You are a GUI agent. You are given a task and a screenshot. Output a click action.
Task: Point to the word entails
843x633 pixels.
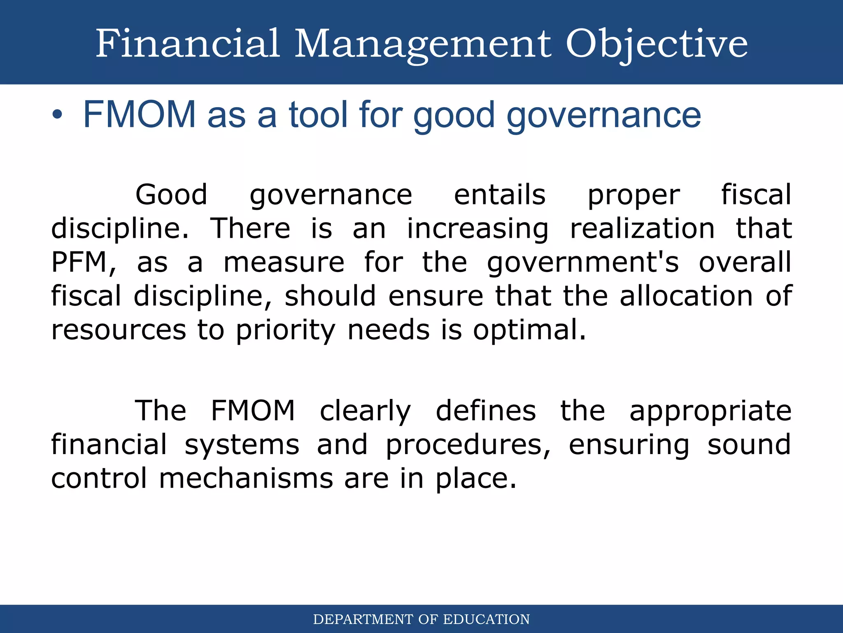(499, 195)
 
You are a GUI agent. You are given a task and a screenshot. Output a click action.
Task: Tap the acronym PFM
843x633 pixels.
(80, 263)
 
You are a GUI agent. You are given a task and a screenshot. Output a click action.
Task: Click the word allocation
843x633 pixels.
(686, 296)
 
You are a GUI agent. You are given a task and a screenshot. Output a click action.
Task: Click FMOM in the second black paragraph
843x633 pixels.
(253, 410)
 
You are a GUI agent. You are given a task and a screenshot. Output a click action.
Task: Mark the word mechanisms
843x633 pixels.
(246, 478)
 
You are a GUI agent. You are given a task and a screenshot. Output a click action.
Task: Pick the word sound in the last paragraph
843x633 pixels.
(749, 445)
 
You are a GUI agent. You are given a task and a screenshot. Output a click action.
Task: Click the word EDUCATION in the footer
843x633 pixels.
(487, 619)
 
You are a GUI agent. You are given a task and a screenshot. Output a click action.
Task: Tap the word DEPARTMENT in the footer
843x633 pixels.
(363, 619)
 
